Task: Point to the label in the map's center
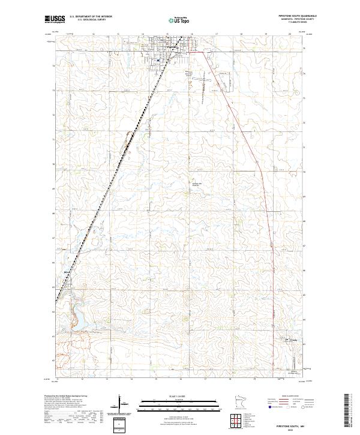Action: (x=195, y=184)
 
